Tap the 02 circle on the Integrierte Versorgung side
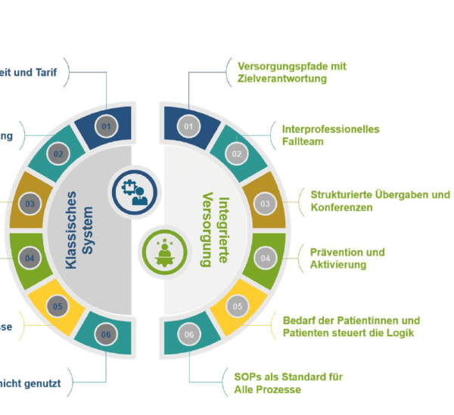tap(236, 155)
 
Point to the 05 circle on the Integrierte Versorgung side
tap(237, 307)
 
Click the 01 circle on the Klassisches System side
tap(106, 127)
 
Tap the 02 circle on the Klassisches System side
tap(58, 155)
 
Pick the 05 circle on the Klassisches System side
tap(58, 307)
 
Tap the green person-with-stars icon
tap(162, 249)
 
